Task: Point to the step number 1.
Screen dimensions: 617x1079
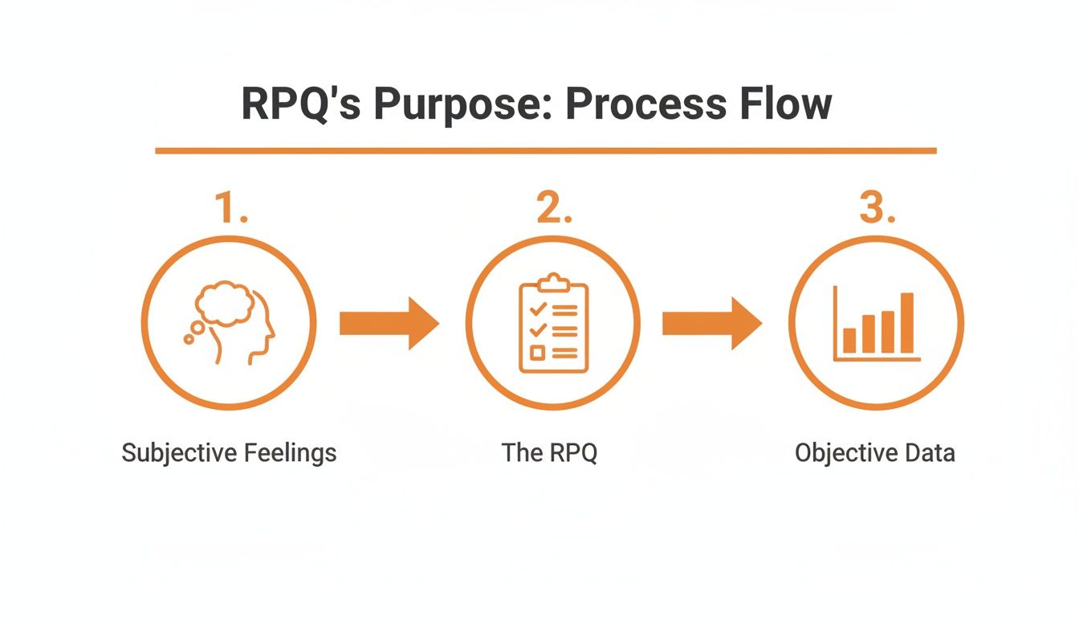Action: [230, 208]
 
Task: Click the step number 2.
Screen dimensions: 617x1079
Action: [554, 208]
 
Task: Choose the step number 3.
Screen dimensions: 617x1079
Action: [876, 208]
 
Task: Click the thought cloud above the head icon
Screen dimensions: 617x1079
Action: [225, 303]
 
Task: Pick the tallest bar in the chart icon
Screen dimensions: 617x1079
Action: [907, 323]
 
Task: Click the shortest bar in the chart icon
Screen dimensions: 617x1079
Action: [849, 341]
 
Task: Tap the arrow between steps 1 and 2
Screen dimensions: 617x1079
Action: [389, 323]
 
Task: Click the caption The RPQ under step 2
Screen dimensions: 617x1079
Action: [549, 453]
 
